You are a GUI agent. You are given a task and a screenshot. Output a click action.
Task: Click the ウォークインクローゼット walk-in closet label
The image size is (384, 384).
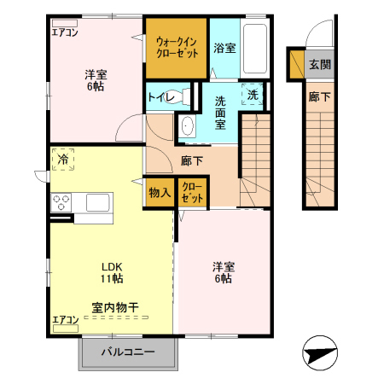177,48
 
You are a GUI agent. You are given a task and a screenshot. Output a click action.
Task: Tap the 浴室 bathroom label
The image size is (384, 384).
224,48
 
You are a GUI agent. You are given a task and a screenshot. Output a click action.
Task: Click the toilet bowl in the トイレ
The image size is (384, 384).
180,96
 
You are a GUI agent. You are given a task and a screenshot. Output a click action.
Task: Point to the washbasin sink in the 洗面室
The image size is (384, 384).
187,126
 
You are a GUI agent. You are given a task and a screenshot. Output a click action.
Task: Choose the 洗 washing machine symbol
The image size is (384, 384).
253,95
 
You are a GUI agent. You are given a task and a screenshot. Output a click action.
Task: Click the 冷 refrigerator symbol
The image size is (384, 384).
63,160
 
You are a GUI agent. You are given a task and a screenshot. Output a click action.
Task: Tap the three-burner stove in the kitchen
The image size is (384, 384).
61,202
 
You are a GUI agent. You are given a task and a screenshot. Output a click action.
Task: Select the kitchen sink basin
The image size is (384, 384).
97,202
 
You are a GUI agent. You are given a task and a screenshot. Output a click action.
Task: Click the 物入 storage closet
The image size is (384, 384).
159,193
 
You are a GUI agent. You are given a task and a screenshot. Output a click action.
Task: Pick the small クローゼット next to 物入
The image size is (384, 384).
193,193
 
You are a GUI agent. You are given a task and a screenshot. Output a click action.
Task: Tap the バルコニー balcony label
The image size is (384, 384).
128,352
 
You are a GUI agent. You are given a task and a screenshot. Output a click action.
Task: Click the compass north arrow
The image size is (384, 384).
320,353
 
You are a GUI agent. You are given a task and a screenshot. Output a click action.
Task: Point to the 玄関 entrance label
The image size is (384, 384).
320,65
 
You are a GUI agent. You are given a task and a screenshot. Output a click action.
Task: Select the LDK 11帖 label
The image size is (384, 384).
112,273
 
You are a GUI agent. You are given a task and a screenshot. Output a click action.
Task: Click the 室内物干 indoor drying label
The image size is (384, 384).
115,307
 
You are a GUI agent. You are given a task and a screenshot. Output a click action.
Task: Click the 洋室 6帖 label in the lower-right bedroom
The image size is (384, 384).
224,273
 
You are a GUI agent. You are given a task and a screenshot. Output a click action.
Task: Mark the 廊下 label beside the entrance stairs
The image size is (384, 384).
320,97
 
